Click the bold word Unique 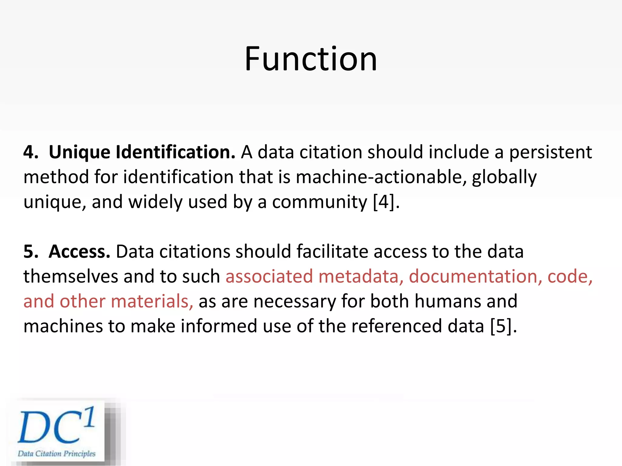(79, 152)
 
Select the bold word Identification (175, 152)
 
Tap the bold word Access (79, 252)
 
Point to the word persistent (550, 152)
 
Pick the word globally (504, 177)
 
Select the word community (320, 202)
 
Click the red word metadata (361, 276)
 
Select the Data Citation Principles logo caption (56, 454)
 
